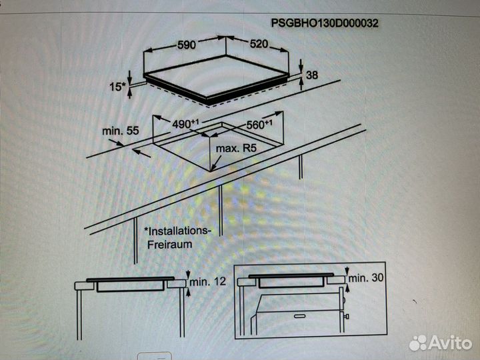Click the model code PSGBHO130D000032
325,23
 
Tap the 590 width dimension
187,45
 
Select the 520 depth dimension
259,44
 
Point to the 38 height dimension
312,75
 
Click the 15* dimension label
117,87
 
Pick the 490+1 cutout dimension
185,124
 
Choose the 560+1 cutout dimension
259,124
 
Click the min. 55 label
120,131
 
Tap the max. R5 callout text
236,149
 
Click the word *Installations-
177,231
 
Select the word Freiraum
169,244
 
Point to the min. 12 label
208,281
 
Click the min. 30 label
366,277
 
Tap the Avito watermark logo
441,343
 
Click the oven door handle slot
300,316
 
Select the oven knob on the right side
347,316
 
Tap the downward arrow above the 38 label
301,65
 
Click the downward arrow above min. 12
188,275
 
